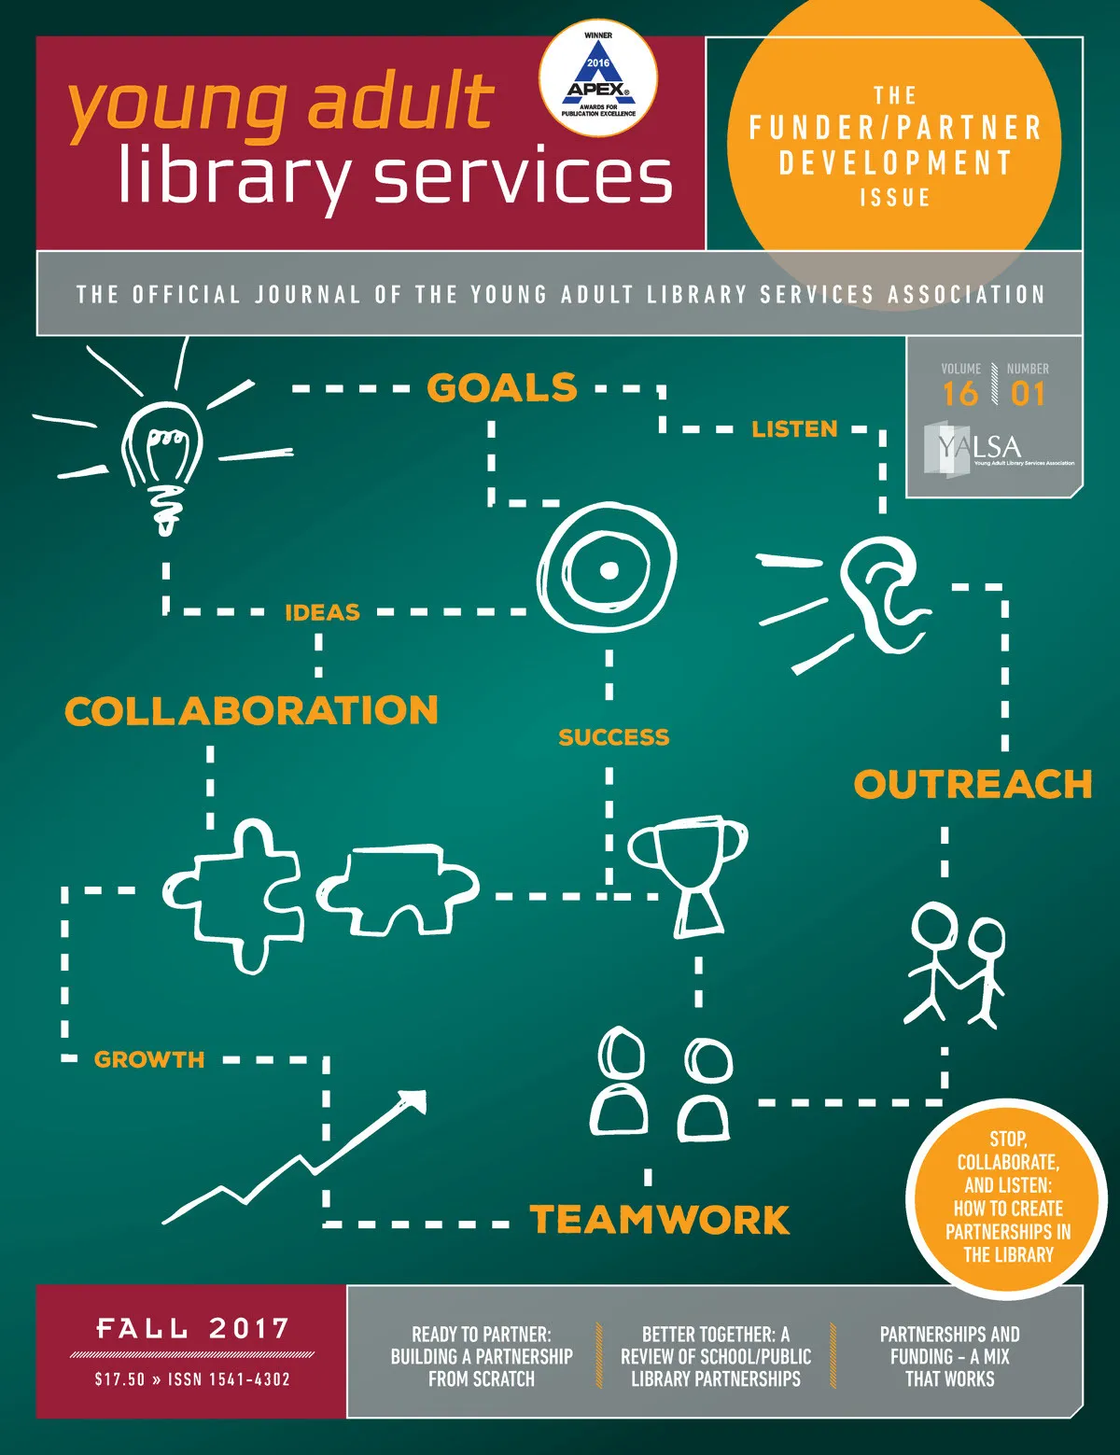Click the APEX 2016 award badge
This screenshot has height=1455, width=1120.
(598, 79)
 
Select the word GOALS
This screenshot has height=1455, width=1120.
(502, 387)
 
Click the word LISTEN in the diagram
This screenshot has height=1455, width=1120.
(794, 429)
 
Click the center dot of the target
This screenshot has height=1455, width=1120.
(609, 569)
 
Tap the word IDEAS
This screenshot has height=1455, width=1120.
(322, 613)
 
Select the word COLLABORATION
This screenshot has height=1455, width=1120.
(251, 711)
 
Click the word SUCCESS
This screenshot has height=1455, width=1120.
(613, 737)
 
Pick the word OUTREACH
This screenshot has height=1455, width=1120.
(973, 785)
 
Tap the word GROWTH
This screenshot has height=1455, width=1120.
(149, 1059)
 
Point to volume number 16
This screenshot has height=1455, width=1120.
(959, 394)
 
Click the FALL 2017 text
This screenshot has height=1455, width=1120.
(192, 1328)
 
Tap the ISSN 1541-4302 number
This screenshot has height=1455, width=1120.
(229, 1379)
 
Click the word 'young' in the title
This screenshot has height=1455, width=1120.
(177, 107)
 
